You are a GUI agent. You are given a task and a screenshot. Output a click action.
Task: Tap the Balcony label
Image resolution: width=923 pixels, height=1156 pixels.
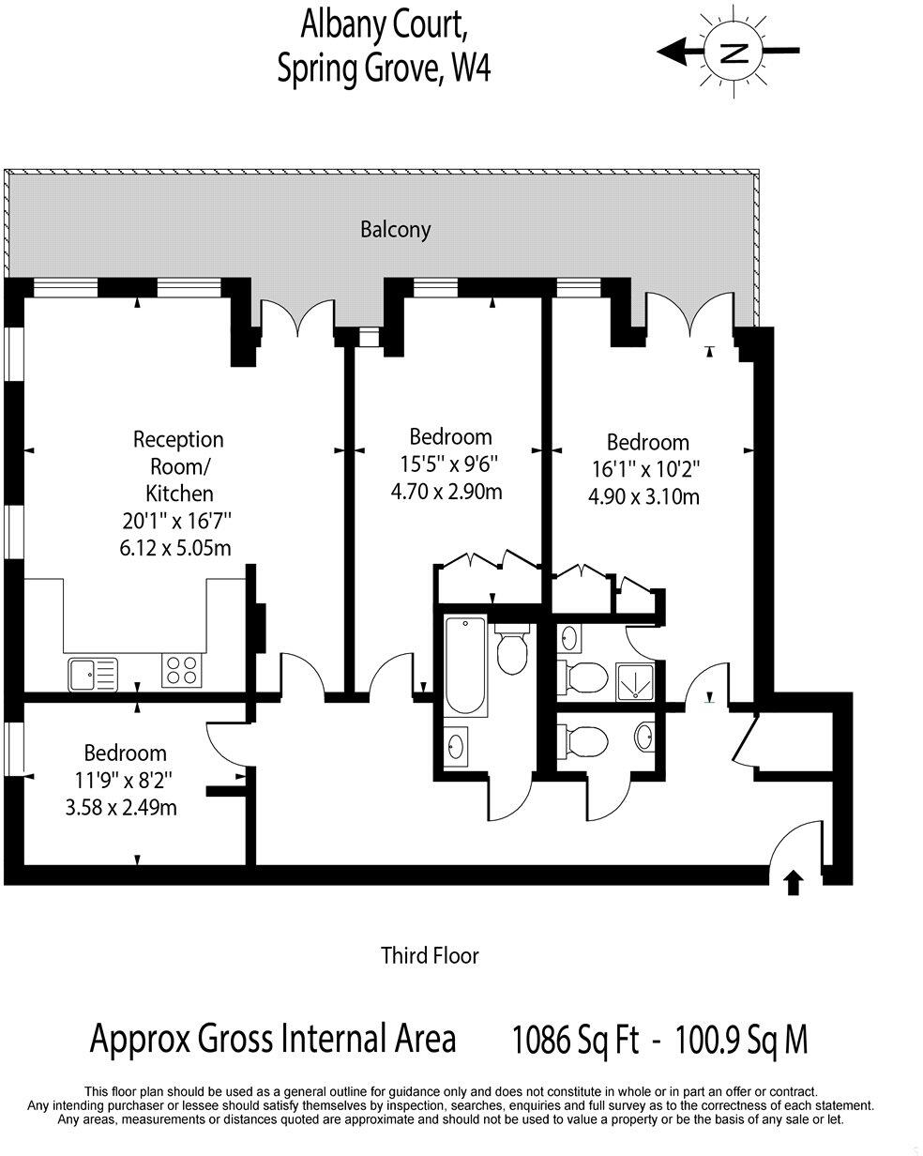click(395, 229)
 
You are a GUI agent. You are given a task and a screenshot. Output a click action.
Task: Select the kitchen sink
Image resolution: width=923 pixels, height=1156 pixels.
click(92, 673)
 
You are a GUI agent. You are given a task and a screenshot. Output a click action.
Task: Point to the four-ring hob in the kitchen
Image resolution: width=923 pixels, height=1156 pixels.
click(182, 670)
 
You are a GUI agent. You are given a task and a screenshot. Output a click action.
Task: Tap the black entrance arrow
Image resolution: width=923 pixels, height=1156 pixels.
click(794, 882)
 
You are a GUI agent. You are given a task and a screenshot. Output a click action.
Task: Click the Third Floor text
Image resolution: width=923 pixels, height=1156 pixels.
click(430, 956)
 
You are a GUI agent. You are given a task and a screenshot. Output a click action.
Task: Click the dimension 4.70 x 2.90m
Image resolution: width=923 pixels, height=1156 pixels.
click(446, 491)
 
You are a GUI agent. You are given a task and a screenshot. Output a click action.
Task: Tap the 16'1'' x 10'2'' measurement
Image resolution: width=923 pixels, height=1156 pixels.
click(644, 469)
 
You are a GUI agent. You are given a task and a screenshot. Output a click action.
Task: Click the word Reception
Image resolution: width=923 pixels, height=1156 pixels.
click(178, 439)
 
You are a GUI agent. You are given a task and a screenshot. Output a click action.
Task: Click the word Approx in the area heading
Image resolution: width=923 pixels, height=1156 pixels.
click(141, 1040)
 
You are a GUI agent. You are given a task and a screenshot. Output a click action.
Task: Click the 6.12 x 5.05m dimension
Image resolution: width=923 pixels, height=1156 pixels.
click(175, 547)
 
